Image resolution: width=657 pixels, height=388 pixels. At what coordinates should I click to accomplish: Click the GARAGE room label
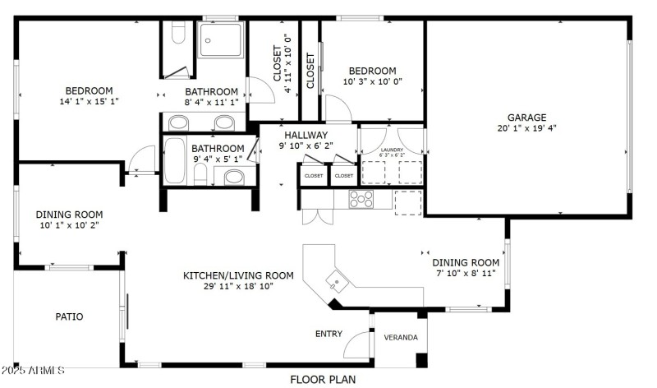[526, 118]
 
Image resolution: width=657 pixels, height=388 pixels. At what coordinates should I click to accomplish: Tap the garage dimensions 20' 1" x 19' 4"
[526, 128]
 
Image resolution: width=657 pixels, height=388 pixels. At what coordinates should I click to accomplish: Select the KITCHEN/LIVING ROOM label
[238, 275]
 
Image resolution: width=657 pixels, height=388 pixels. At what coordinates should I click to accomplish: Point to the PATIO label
[69, 316]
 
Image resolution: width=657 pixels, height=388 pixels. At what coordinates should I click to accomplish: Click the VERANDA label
[401, 338]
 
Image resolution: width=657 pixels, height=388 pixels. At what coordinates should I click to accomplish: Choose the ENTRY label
[329, 334]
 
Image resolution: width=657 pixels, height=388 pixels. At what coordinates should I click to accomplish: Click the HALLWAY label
[306, 135]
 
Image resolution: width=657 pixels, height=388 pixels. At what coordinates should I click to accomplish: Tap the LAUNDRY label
[392, 150]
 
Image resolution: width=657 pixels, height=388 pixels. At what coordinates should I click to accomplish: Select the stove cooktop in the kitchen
[361, 199]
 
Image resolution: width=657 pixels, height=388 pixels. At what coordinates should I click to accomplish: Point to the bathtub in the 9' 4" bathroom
[175, 161]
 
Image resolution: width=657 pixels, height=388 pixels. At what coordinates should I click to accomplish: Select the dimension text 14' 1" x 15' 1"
[90, 102]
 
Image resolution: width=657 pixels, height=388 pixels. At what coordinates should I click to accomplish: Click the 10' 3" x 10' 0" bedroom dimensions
[372, 82]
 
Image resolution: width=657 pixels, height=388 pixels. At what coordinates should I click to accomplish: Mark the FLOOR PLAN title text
[323, 379]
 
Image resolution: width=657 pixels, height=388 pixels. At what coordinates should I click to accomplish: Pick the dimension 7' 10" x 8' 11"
[466, 274]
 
